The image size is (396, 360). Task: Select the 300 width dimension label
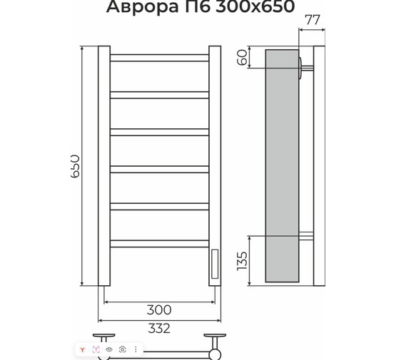click(158, 309)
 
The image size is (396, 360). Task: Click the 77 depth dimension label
click(313, 20)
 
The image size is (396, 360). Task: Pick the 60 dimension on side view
click(242, 58)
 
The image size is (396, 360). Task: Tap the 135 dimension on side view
click(242, 264)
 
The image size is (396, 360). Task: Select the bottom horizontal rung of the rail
click(159, 243)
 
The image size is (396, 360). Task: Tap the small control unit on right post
click(214, 263)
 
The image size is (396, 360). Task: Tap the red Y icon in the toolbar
click(83, 349)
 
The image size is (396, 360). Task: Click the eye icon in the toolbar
click(109, 349)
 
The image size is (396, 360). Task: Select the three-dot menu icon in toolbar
click(136, 349)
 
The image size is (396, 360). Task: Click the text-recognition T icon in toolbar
click(96, 349)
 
